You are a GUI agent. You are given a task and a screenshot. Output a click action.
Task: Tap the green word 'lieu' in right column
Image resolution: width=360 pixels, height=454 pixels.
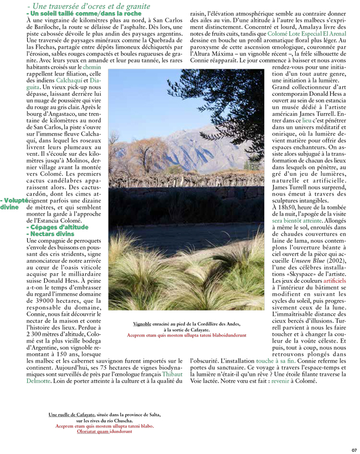coord(306,120)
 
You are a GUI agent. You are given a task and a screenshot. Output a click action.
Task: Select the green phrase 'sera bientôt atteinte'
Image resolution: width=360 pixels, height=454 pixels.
coord(294,220)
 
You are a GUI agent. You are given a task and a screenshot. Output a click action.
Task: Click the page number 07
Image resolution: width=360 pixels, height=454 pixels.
coord(354,450)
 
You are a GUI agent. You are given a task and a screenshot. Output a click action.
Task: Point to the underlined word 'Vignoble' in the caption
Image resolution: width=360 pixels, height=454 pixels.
coord(142,324)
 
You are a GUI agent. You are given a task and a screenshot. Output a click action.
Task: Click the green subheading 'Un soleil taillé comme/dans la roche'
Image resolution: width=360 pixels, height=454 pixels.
coord(83,13)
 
